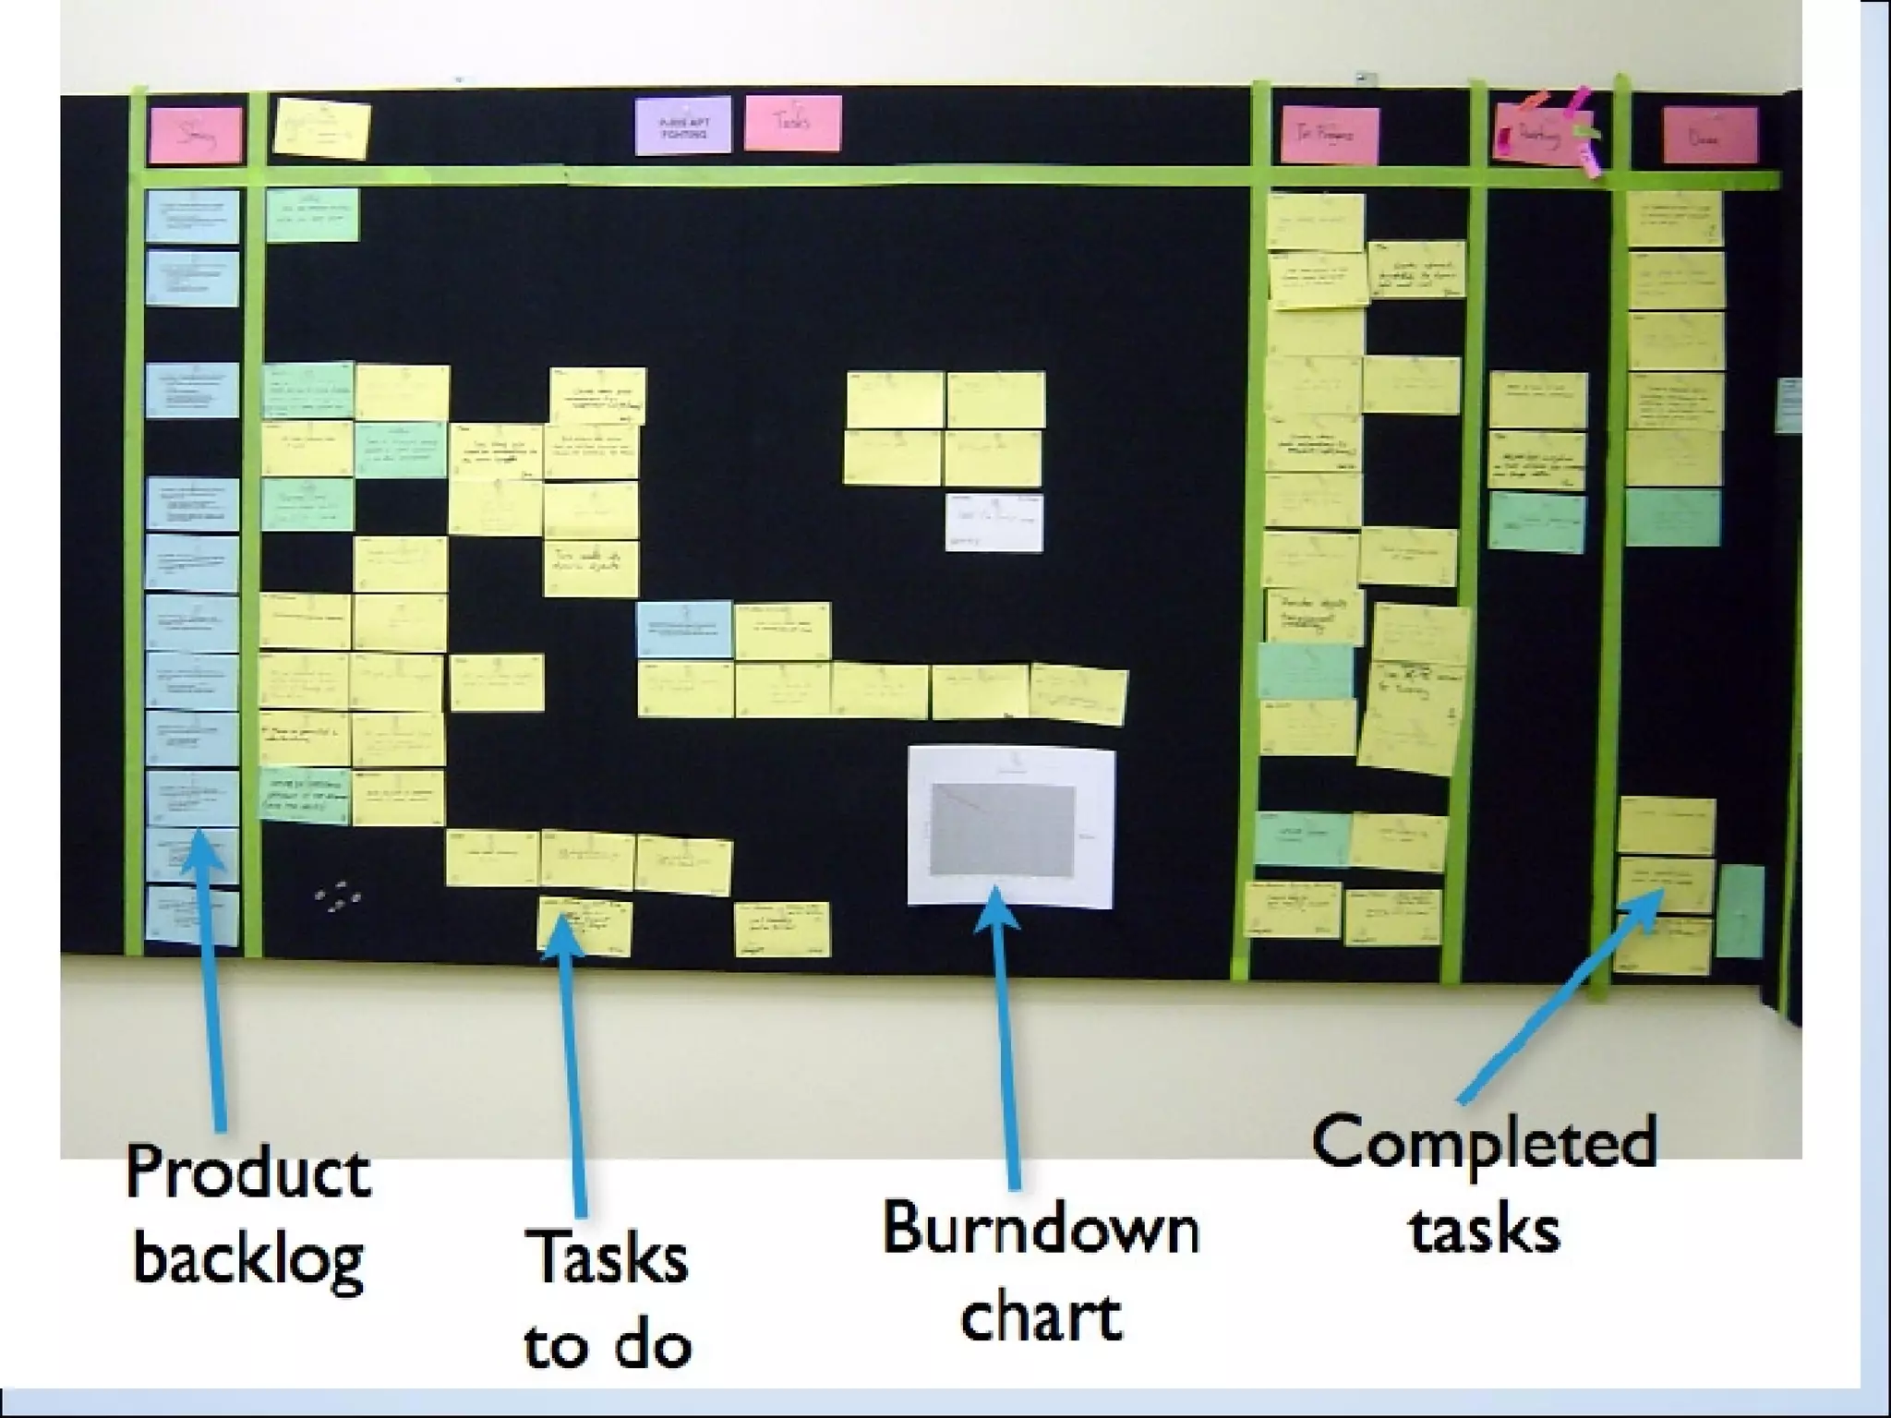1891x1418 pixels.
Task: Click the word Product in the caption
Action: (247, 1175)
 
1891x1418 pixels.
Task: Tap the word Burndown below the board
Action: (1041, 1230)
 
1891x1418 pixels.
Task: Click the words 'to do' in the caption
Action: (608, 1345)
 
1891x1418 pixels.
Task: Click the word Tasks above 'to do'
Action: (608, 1257)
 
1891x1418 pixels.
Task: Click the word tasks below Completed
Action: (1484, 1230)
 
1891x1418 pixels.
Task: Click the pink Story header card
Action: (196, 135)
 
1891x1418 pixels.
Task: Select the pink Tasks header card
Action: (792, 123)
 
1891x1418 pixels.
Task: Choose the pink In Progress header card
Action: (1330, 136)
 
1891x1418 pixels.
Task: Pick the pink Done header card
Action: (1709, 136)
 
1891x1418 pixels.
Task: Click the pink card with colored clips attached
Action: (1540, 136)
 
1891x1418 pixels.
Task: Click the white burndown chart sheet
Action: (1011, 827)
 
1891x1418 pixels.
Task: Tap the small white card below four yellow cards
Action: (994, 523)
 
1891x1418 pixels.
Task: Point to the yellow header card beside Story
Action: (322, 130)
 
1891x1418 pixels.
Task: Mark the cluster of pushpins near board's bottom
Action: (337, 896)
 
